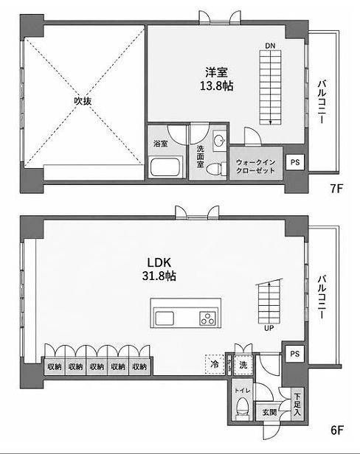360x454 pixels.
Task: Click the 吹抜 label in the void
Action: coord(83,101)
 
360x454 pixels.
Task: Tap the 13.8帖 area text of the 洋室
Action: coord(217,86)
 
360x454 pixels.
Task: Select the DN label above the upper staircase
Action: coord(270,46)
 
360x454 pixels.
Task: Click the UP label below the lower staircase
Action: coord(269,329)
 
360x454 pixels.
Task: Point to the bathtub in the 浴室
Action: coord(165,167)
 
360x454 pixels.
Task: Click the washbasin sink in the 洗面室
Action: coord(219,141)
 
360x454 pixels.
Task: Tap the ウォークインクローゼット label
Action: coord(255,167)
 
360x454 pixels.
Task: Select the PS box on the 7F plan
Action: coord(295,162)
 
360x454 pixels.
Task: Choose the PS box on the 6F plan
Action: coord(295,354)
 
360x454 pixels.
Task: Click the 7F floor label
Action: coord(336,189)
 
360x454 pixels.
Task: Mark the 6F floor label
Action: coord(337,430)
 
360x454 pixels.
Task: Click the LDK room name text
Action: coord(159,262)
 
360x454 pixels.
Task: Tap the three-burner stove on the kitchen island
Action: coord(207,318)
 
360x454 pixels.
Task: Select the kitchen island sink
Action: coord(165,318)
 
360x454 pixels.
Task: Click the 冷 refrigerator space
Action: coord(215,364)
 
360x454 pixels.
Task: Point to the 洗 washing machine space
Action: coord(243,365)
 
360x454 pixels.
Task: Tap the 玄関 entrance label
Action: coord(269,412)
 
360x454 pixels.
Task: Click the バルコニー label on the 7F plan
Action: coord(322,102)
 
